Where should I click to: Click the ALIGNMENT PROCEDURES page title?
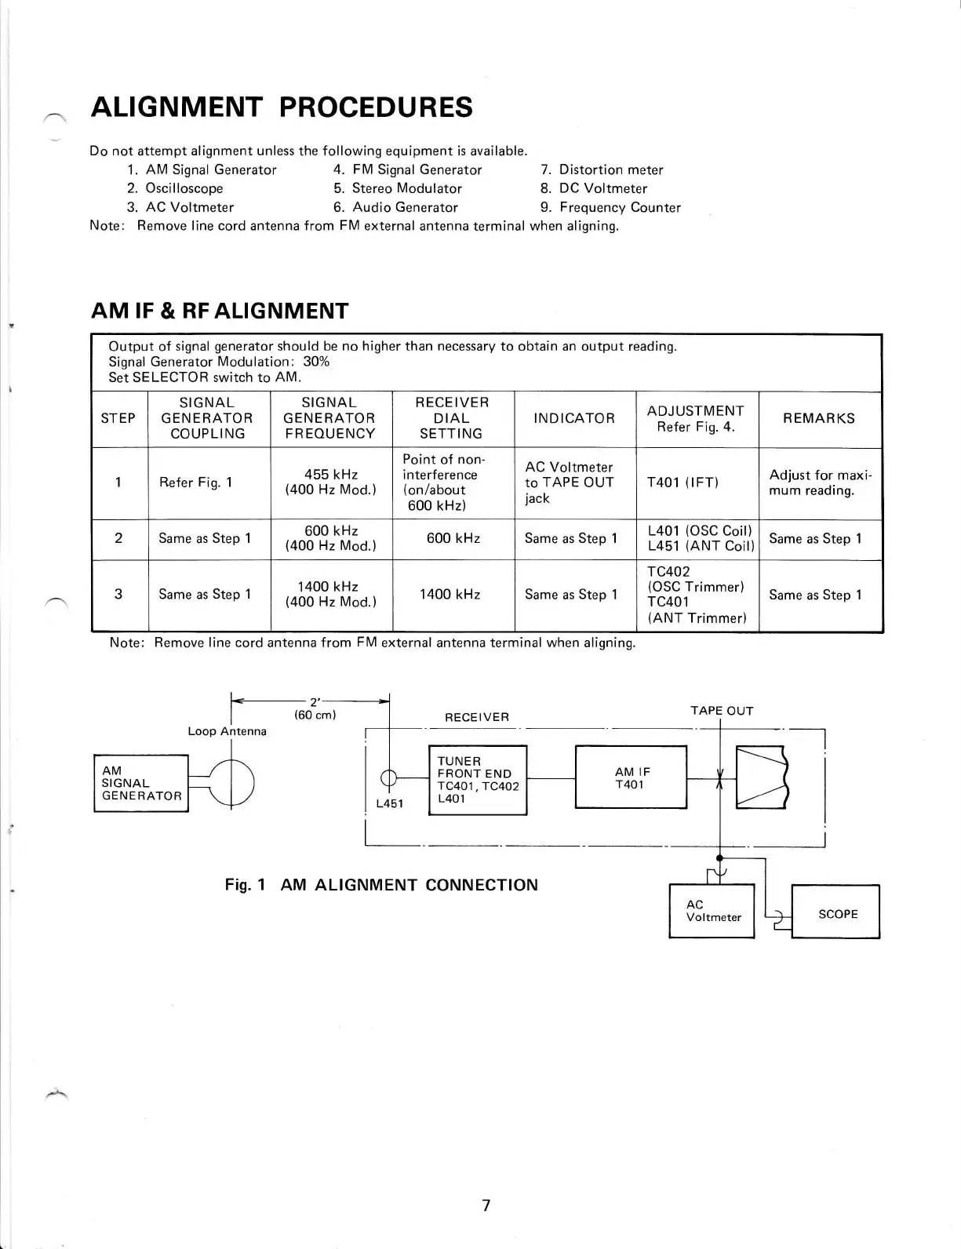click(282, 107)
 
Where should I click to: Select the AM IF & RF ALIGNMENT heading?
click(220, 311)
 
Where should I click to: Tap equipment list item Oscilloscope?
click(184, 188)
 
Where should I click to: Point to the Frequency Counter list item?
click(619, 207)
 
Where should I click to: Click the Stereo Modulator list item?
click(406, 188)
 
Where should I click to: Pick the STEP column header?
click(118, 418)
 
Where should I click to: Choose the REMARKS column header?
click(818, 418)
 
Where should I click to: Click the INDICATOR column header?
click(574, 418)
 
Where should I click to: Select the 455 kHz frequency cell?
click(330, 482)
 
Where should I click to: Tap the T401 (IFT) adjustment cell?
click(683, 482)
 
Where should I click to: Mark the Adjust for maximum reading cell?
click(820, 482)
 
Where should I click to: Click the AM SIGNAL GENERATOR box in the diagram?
click(141, 783)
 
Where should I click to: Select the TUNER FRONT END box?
click(478, 780)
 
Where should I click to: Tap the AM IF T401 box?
click(631, 777)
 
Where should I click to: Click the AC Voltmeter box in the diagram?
click(712, 911)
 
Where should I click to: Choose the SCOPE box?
click(836, 914)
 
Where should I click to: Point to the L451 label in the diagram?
click(388, 804)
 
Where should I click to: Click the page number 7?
click(486, 1205)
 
